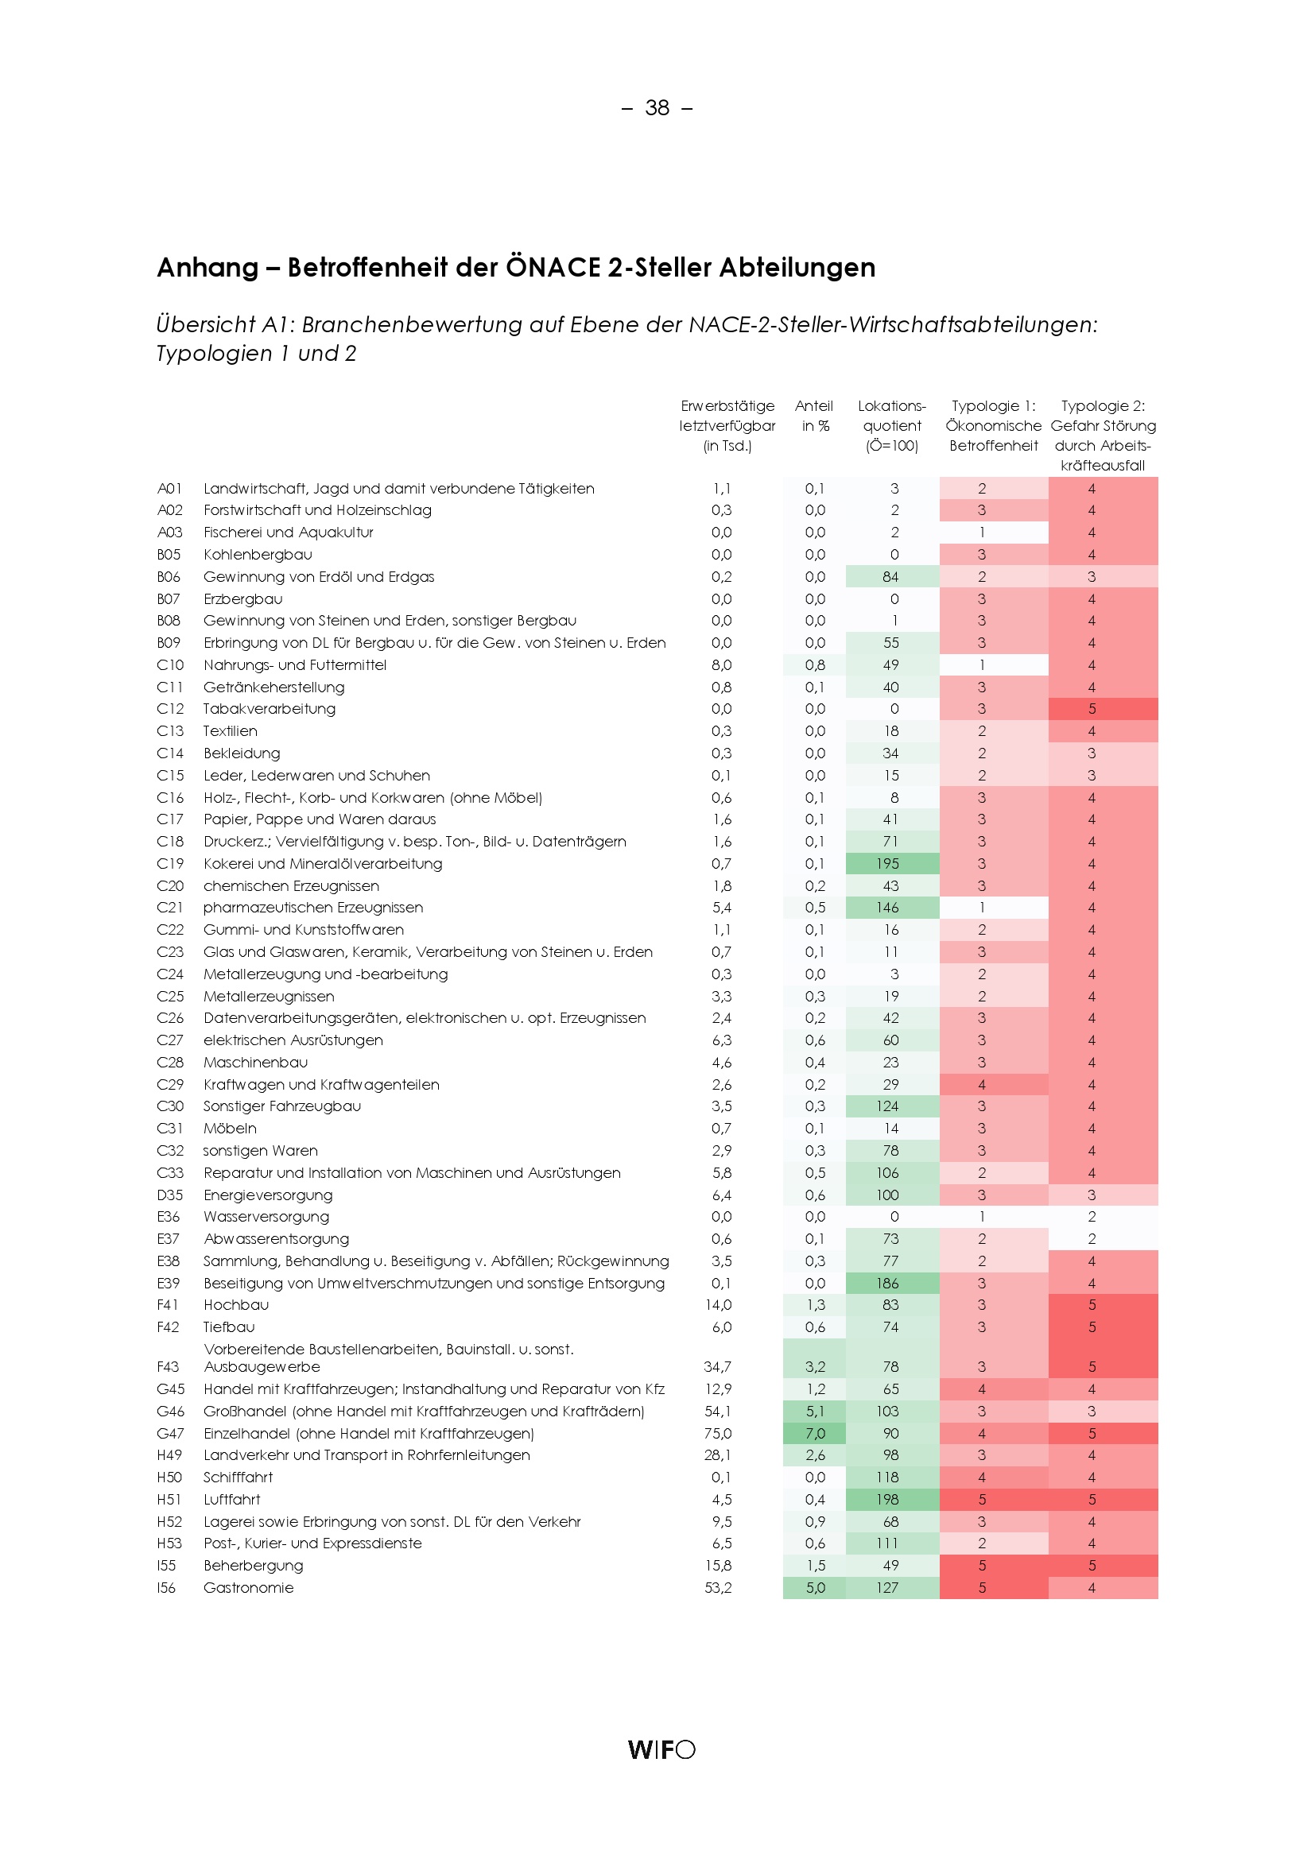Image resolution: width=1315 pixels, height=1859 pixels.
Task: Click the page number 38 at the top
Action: pyautogui.click(x=657, y=107)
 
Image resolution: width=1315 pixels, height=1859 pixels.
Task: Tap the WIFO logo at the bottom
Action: pyautogui.click(x=661, y=1749)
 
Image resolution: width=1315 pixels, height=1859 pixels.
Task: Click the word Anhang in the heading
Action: pyautogui.click(x=208, y=267)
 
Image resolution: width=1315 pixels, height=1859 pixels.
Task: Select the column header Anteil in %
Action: pyautogui.click(x=814, y=416)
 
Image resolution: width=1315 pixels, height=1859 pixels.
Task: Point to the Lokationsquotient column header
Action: pyautogui.click(x=891, y=425)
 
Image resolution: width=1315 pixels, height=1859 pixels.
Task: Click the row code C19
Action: pyautogui.click(x=170, y=864)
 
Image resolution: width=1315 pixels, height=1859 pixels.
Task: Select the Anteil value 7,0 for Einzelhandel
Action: pyautogui.click(x=815, y=1433)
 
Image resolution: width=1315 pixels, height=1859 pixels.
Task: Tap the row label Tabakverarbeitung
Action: pyautogui.click(x=269, y=708)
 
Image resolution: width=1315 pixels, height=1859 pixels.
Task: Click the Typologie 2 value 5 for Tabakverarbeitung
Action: pyautogui.click(x=1092, y=708)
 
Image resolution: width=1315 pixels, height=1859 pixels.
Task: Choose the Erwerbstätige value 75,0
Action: pyautogui.click(x=717, y=1433)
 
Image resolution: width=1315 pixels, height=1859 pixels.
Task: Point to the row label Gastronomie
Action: pyautogui.click(x=248, y=1588)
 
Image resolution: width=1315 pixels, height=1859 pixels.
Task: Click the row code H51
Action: pyautogui.click(x=169, y=1500)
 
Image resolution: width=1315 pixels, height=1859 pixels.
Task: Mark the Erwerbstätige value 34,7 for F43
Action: pyautogui.click(x=717, y=1367)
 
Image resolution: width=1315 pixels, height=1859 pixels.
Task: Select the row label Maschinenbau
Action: pyautogui.click(x=255, y=1063)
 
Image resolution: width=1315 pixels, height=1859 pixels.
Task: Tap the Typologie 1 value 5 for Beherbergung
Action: pyautogui.click(x=982, y=1565)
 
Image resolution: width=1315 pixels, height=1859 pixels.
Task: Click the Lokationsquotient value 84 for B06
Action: pyautogui.click(x=890, y=576)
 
